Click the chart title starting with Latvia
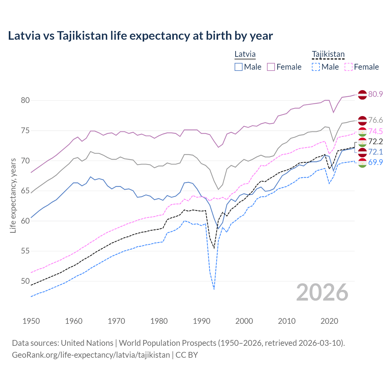pos(140,36)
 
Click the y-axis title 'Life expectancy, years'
pos(13,195)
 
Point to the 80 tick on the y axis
pos(25,100)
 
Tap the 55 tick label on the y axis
pos(25,251)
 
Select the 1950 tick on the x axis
pos(31,321)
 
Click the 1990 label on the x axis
pos(202,321)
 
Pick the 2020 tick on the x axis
pos(329,321)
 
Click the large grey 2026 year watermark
pos(322,292)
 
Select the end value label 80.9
pos(375,94)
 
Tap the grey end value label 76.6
pos(375,120)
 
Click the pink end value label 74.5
pos(375,131)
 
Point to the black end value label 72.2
pos(375,141)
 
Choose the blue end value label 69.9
pos(375,162)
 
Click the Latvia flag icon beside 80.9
pos(362,94)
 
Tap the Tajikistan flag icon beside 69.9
pos(362,163)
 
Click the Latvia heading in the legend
pos(245,54)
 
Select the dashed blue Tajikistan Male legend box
pos(316,67)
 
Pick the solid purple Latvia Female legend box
pos(271,67)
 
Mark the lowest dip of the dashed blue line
pos(214,289)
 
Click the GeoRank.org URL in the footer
pos(91,355)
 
